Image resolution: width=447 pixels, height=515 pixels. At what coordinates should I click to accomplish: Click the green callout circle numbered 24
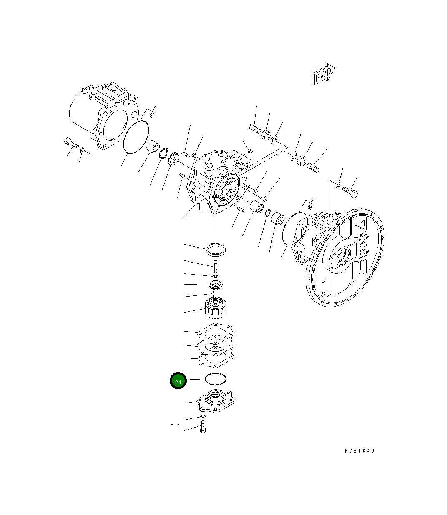(178, 380)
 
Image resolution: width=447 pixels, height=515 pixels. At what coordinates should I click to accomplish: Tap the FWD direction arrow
(324, 74)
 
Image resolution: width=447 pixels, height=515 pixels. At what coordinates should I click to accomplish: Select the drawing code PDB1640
(359, 450)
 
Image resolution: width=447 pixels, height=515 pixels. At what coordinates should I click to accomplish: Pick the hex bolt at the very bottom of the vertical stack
(203, 427)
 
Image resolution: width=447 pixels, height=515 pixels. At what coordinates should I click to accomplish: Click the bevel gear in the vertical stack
(216, 285)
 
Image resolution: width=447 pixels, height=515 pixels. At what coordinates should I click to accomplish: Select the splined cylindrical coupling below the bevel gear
(216, 308)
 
